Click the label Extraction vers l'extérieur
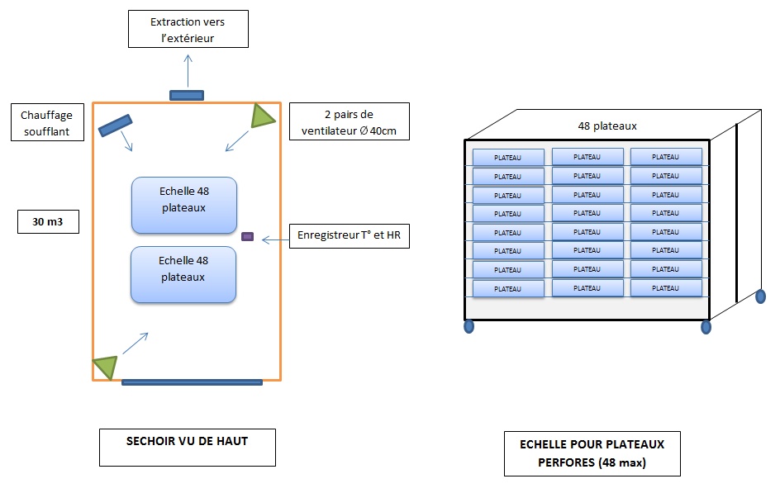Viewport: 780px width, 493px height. (x=188, y=31)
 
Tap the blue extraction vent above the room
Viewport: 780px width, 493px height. (x=187, y=95)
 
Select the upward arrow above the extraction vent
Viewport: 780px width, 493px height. (x=188, y=69)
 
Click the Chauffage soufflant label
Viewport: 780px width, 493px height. (x=46, y=122)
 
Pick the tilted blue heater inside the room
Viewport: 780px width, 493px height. (x=115, y=125)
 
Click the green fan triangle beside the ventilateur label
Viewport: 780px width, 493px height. (x=263, y=116)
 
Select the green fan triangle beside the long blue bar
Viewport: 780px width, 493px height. (x=106, y=366)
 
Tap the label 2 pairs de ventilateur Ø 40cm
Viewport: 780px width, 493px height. (x=350, y=122)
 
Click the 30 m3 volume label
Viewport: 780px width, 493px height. (x=48, y=221)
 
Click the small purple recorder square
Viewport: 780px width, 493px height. (x=247, y=237)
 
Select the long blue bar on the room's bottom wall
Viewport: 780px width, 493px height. (x=192, y=382)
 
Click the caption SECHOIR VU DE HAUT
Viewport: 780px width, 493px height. (x=188, y=442)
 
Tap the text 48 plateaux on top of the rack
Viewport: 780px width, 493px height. (x=607, y=126)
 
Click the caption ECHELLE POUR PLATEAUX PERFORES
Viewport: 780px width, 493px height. (x=592, y=453)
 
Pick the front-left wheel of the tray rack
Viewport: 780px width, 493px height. (x=468, y=326)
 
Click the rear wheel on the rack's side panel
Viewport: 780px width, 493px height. (x=760, y=296)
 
